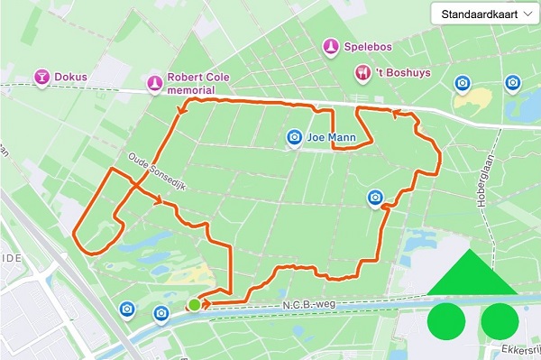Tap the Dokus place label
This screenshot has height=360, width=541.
(x=70, y=77)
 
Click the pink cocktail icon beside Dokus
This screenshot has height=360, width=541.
(x=41, y=77)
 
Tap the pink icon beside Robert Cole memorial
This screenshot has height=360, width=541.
(x=155, y=84)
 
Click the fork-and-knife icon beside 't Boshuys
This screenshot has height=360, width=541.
(x=363, y=71)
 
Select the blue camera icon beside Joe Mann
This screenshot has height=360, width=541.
(x=293, y=138)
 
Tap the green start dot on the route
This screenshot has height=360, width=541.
(x=195, y=306)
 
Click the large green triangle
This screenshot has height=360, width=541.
(x=471, y=274)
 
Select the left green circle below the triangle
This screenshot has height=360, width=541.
(x=445, y=320)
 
